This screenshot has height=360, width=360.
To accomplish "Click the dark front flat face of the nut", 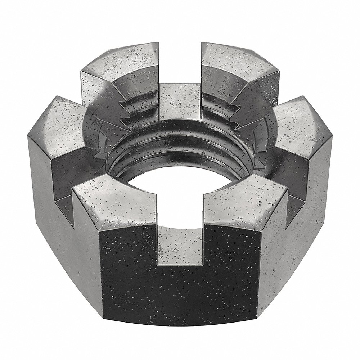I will coord(180,288).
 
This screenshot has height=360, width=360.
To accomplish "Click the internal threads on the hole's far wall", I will coord(180,140).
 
